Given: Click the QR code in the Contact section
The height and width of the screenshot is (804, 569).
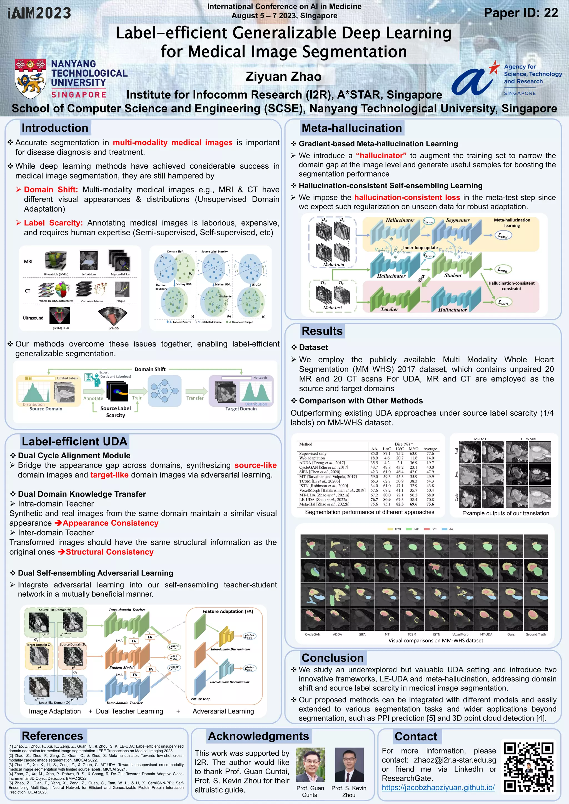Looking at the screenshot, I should point(529,767).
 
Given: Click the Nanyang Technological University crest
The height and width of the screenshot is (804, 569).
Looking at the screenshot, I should point(31,79).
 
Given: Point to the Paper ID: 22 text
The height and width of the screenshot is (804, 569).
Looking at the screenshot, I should point(521,13).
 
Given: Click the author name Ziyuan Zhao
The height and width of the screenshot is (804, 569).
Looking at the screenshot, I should point(283,76).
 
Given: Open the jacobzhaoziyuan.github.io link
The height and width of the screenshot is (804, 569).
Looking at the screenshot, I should point(438,787).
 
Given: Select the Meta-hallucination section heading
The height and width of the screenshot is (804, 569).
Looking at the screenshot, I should point(351,128).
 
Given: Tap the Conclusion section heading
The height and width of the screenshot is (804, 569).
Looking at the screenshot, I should point(332,658).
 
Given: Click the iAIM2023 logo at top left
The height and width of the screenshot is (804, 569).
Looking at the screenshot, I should point(39,13).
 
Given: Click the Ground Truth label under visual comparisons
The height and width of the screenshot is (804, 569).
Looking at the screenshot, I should point(535,634).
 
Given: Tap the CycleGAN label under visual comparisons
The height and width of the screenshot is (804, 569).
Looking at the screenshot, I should point(312,634).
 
